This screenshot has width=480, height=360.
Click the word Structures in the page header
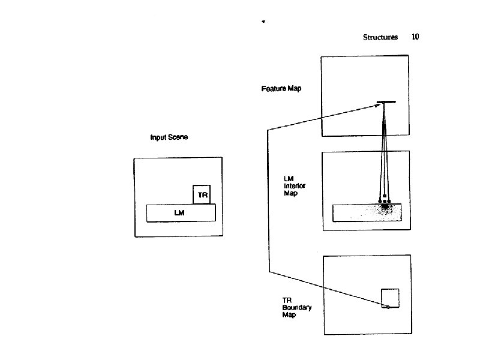(380, 37)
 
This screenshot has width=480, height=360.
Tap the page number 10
(415, 37)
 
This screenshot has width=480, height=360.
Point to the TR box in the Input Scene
(202, 194)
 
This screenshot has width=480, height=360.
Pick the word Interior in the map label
(294, 186)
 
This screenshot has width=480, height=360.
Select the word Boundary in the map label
(297, 307)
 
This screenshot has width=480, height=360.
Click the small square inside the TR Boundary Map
(390, 298)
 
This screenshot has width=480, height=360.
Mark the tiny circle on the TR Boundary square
(388, 307)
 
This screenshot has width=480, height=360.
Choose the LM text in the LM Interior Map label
(288, 179)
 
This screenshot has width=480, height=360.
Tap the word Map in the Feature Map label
(295, 89)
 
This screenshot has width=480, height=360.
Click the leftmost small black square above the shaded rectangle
(379, 200)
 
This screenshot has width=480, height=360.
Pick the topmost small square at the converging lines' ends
(384, 197)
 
